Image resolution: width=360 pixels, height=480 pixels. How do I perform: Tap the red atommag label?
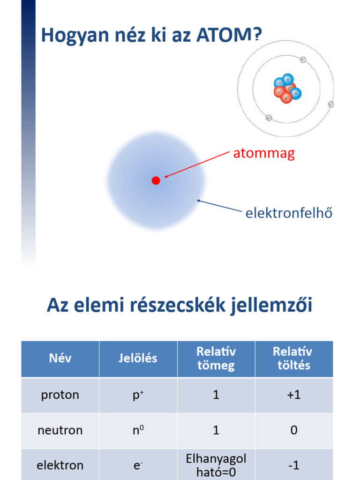coord(264,153)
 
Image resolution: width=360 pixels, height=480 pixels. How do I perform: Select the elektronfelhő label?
coord(289,213)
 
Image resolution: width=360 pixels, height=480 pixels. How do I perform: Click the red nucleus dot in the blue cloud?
coord(156,180)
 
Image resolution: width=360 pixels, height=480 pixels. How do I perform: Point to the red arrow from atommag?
coord(197,165)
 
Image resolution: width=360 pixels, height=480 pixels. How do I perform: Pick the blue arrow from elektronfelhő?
coord(220,207)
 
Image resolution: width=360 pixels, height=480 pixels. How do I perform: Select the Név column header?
coord(60,359)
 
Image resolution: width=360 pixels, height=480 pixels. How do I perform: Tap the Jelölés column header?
coord(138,359)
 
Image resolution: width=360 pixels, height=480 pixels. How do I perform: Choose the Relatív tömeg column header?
coord(216,359)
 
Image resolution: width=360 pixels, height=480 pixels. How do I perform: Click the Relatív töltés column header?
coord(293,359)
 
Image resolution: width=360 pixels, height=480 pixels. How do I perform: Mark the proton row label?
coord(60,395)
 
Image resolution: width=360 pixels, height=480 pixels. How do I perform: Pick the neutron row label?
coord(60,430)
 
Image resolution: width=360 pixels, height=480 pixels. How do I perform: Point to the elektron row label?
coord(60,465)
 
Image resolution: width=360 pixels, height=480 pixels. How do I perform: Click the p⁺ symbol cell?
coord(138,395)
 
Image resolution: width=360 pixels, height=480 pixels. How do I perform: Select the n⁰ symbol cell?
coord(138,430)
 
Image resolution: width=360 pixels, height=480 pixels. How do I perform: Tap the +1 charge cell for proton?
coord(293,395)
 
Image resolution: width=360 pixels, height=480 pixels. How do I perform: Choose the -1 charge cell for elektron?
coord(293,465)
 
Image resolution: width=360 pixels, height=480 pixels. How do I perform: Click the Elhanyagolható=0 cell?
coord(216,465)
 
